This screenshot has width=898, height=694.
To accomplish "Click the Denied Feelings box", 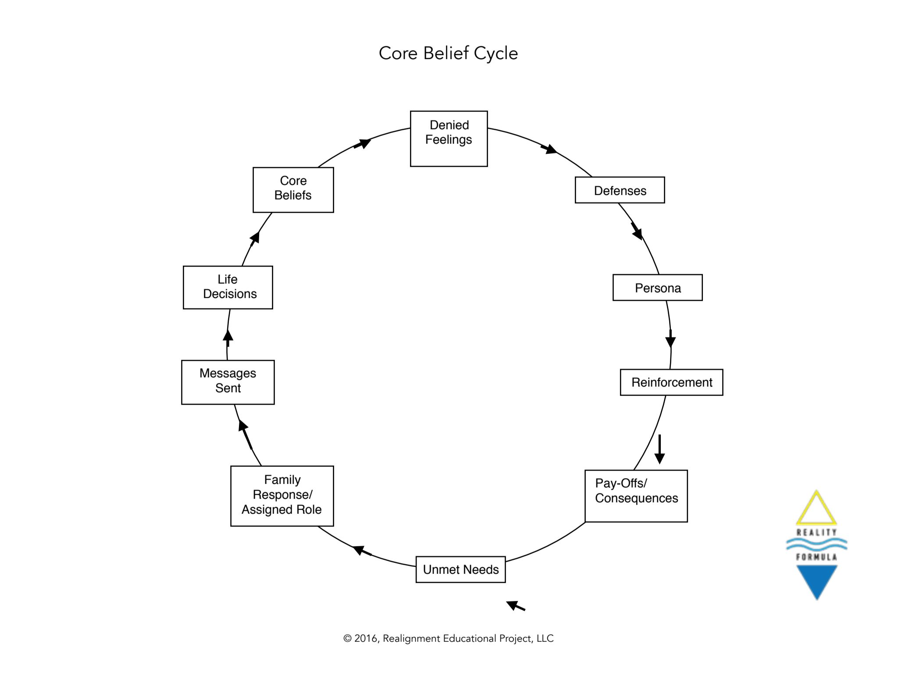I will (449, 139).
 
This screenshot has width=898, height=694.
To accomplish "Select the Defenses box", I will (620, 190).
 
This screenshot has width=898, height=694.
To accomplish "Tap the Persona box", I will (657, 288).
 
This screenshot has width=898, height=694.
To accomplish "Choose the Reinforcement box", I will (671, 382).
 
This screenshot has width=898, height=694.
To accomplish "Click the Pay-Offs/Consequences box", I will (636, 496).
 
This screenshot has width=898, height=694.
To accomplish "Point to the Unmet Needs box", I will (460, 569).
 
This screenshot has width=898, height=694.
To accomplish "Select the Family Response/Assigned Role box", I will (282, 496).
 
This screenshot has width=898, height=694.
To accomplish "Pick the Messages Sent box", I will (228, 382).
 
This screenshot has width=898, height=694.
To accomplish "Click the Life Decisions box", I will (228, 287).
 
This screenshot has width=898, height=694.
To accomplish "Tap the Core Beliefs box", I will (293, 190).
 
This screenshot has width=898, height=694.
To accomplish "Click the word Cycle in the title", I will (495, 53).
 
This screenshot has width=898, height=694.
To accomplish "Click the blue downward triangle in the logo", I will (816, 580).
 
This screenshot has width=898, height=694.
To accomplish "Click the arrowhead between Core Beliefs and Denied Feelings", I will (364, 143).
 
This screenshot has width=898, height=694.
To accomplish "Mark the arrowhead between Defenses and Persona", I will (637, 231).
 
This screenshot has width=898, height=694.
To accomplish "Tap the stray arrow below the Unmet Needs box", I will (515, 606).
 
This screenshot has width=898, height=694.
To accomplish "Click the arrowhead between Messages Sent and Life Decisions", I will (228, 337).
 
